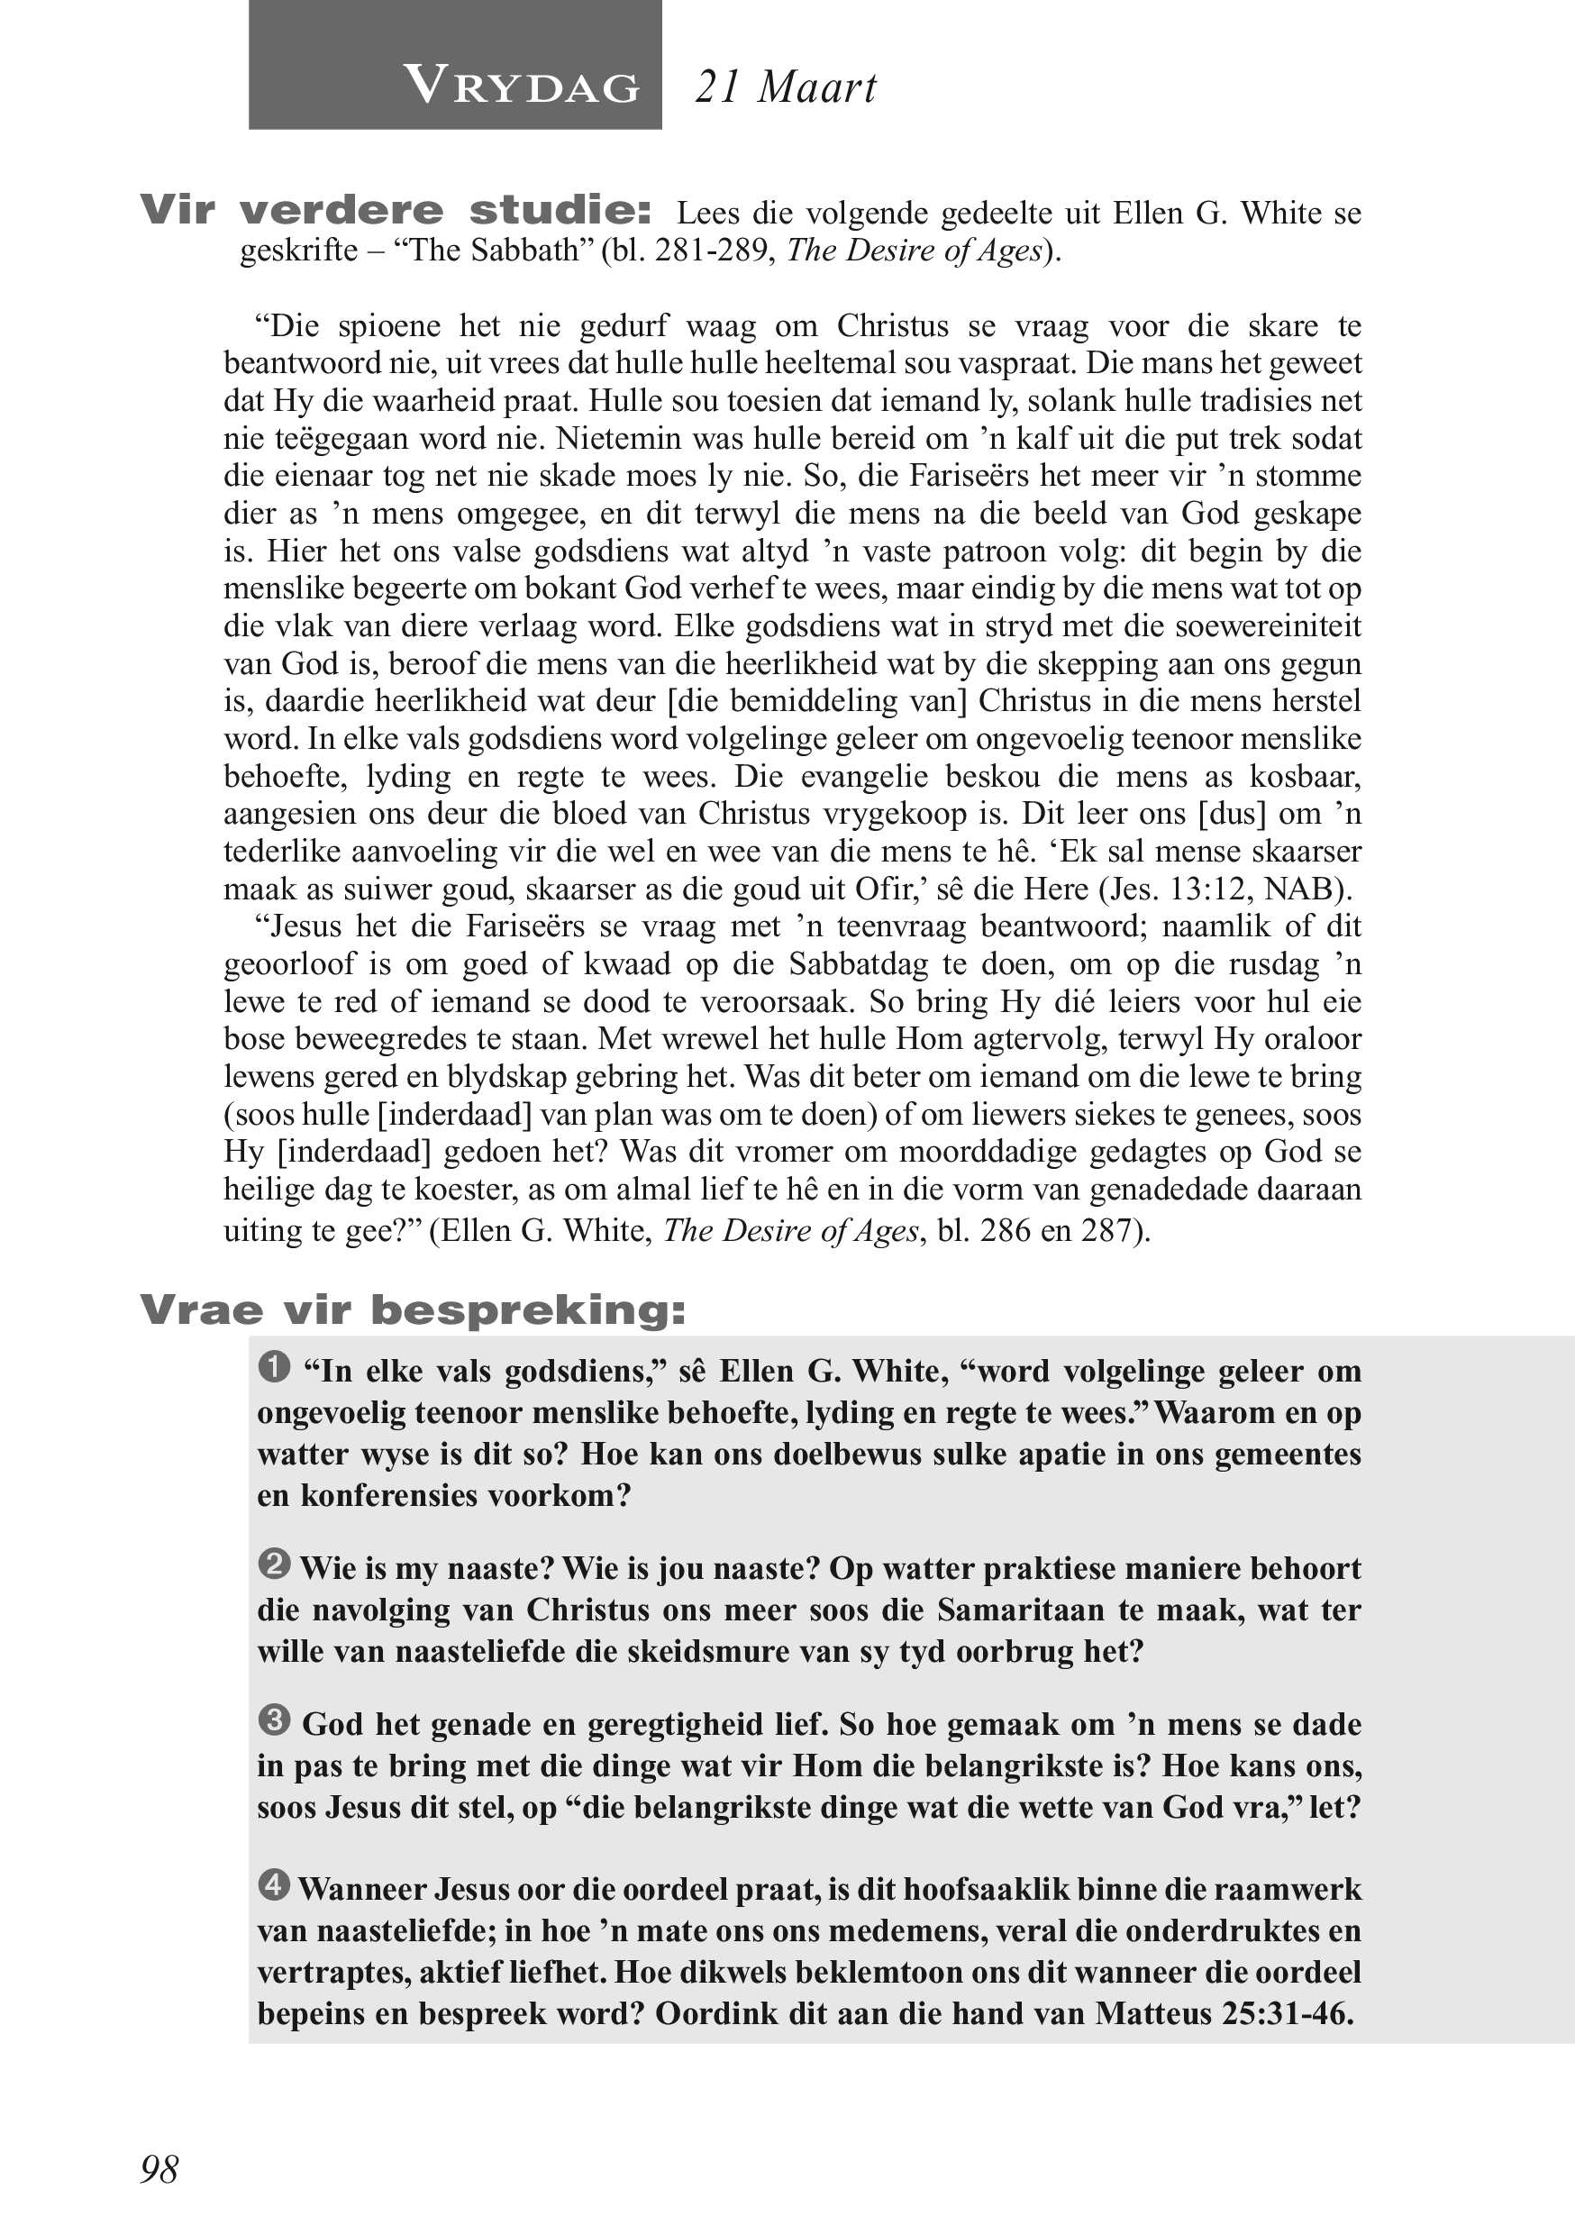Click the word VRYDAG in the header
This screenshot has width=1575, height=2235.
(522, 87)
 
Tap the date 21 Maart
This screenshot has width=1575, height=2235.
(786, 87)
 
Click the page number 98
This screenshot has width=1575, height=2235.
(159, 2169)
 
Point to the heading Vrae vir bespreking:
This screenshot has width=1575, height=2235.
(413, 1310)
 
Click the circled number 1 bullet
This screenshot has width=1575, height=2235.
(275, 1367)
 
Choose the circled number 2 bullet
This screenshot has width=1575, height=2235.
(275, 1564)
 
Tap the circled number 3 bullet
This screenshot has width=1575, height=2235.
(275, 1720)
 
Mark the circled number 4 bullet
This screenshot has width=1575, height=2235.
(275, 1885)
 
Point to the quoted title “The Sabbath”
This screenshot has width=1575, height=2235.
(493, 251)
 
